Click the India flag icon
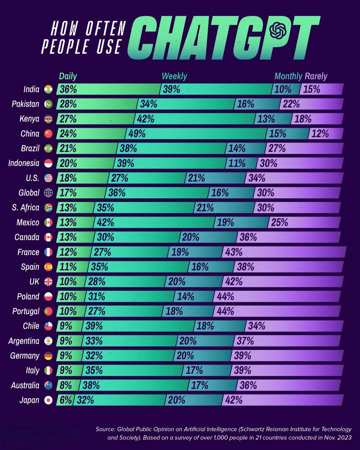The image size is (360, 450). tap(48, 89)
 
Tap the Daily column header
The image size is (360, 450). tap(68, 76)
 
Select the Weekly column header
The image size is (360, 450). tap(174, 76)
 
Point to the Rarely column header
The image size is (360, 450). tap(316, 76)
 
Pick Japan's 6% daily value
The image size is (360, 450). tap(66, 400)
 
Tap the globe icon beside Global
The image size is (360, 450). tap(48, 193)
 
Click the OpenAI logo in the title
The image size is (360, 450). tap(278, 31)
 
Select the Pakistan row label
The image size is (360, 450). tap(25, 104)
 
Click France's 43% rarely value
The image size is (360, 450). tap(234, 252)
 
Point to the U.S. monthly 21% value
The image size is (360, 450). tap(197, 178)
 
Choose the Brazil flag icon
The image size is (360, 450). tap(48, 148)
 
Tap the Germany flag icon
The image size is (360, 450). tap(48, 356)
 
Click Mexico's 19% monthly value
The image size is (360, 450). tap(225, 223)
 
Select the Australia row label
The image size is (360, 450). tap(25, 385)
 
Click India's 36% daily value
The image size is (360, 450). tap(68, 89)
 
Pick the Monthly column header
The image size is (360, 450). tap(288, 76)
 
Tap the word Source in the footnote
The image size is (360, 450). tap(105, 429)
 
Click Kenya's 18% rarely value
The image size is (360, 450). tap(303, 119)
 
